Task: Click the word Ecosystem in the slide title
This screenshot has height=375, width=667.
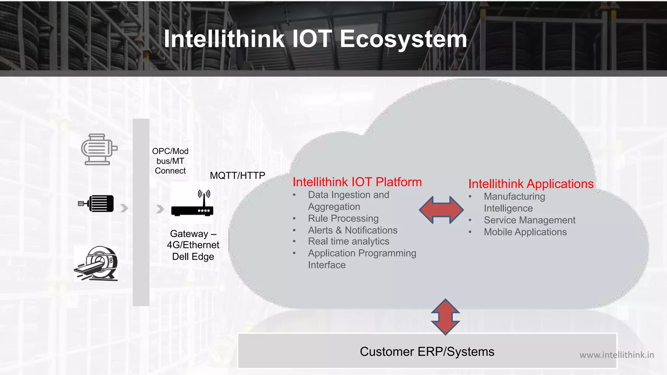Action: pyautogui.click(x=403, y=39)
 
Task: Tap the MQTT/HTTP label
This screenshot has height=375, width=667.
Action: pyautogui.click(x=237, y=175)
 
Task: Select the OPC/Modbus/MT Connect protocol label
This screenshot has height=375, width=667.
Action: pyautogui.click(x=170, y=161)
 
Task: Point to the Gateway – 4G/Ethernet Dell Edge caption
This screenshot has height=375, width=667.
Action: pyautogui.click(x=193, y=245)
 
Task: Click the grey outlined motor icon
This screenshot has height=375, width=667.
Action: pyautogui.click(x=99, y=149)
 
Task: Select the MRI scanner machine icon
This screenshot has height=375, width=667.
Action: pyautogui.click(x=96, y=263)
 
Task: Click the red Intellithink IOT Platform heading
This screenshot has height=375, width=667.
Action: pyautogui.click(x=357, y=182)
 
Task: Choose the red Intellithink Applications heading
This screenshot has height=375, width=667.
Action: pyautogui.click(x=531, y=184)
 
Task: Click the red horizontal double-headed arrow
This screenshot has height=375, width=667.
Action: pyautogui.click(x=441, y=210)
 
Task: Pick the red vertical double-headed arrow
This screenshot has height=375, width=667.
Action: pyautogui.click(x=445, y=317)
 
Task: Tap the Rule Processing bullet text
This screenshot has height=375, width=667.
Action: pyautogui.click(x=343, y=218)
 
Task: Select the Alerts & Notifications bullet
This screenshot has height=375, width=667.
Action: pyautogui.click(x=353, y=230)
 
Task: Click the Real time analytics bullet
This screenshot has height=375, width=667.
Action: pyautogui.click(x=348, y=241)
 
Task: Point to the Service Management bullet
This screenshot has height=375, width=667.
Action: pyautogui.click(x=529, y=220)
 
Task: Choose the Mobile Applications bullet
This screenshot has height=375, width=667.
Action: pyautogui.click(x=525, y=232)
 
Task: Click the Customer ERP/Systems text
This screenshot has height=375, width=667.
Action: pyautogui.click(x=427, y=352)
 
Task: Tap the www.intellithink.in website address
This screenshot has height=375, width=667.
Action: pyautogui.click(x=617, y=355)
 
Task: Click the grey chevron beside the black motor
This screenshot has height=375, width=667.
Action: pyautogui.click(x=124, y=208)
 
